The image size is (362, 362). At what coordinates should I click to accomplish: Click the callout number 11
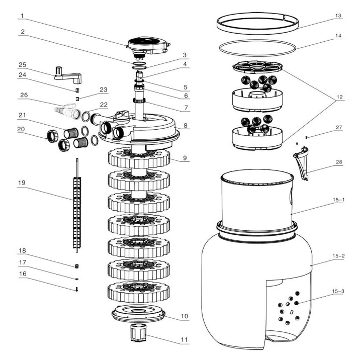(185, 340)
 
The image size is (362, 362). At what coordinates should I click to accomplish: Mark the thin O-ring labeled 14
(256, 49)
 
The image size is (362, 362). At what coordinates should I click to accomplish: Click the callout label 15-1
(338, 200)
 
